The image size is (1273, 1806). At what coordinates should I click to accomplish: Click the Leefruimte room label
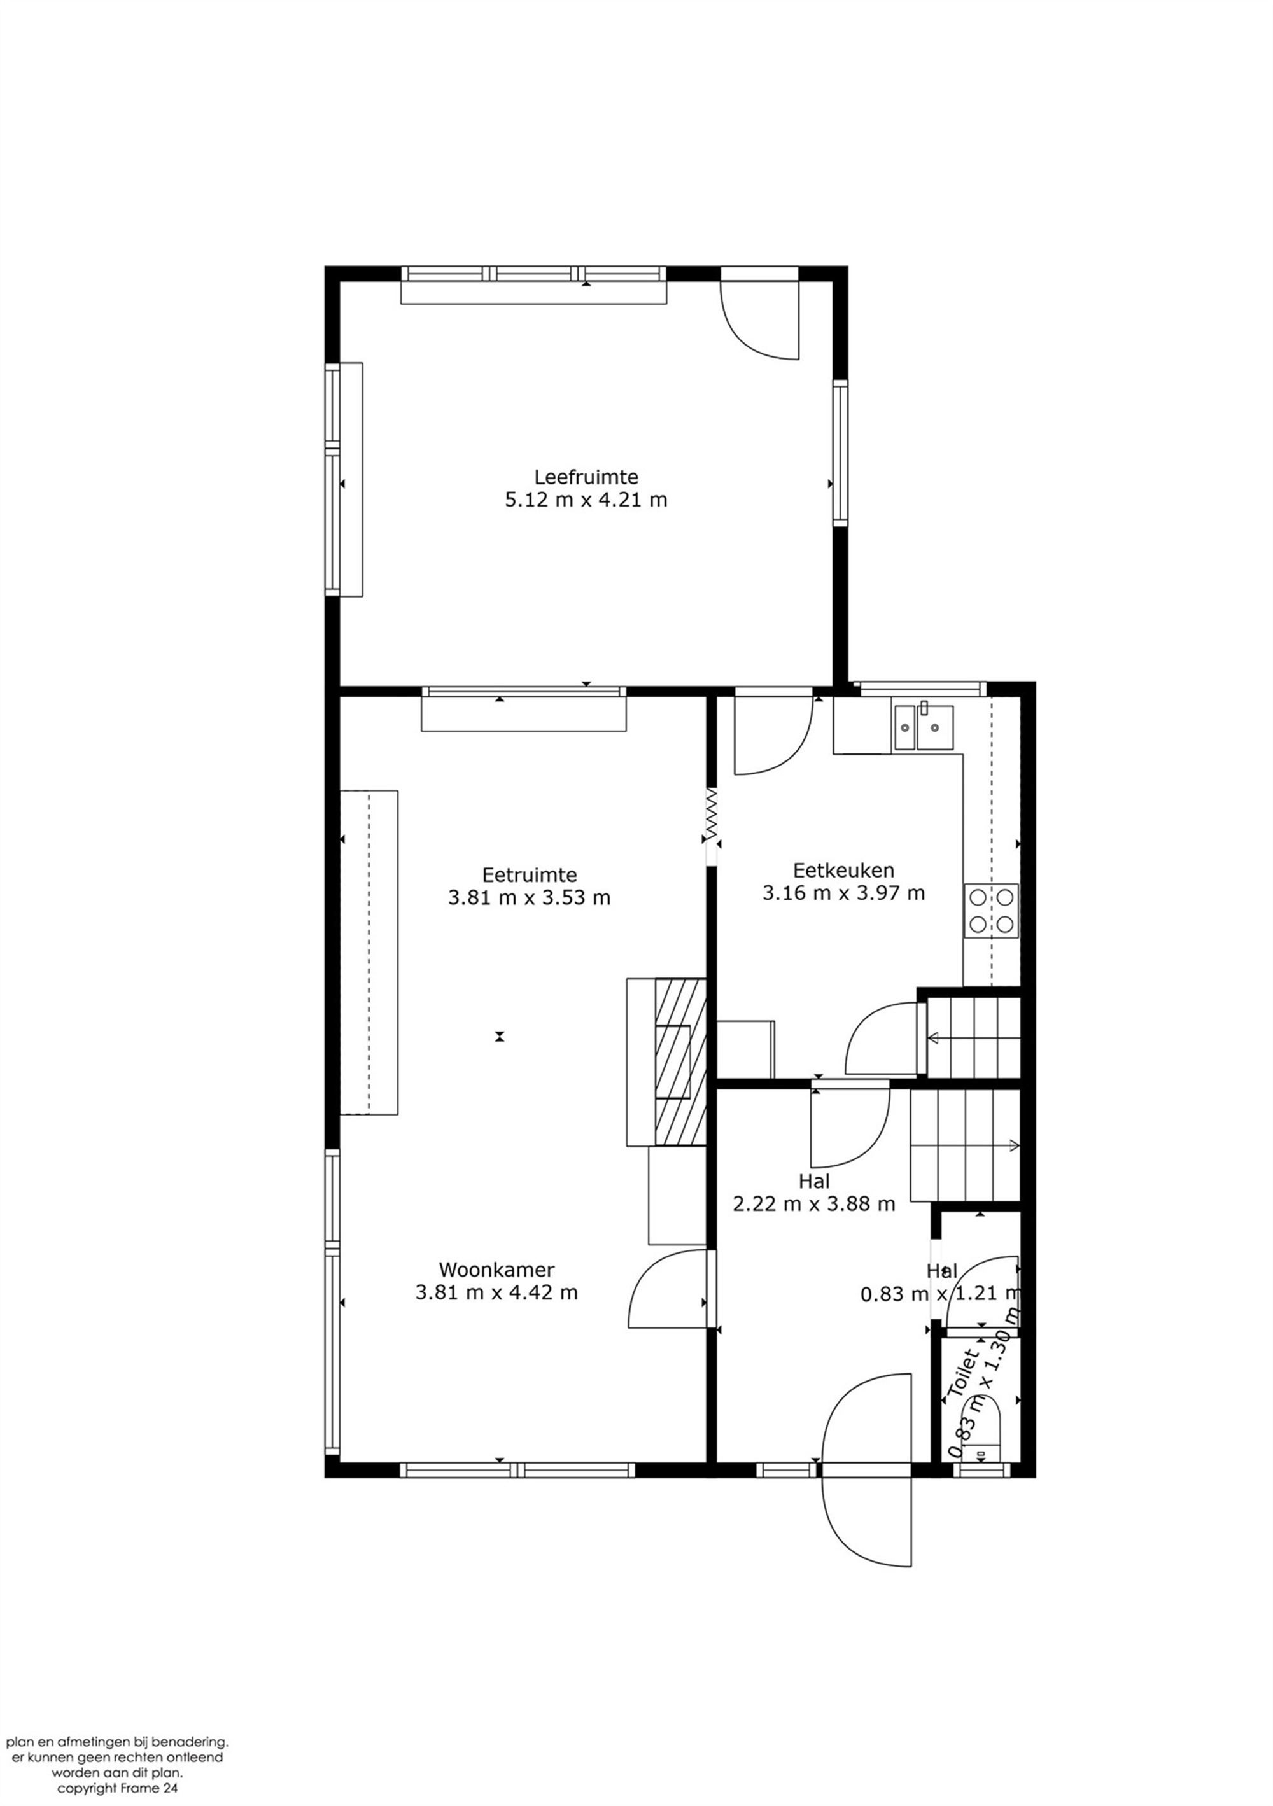pos(586,477)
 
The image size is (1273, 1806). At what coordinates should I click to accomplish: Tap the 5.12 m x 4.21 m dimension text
pos(586,500)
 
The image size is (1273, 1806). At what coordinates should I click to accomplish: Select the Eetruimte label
pos(530,875)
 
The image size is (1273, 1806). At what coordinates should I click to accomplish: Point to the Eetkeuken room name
pos(843,871)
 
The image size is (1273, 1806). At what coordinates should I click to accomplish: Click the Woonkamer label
pos(496,1270)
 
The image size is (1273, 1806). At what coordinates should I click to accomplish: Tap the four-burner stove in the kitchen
pos(991,911)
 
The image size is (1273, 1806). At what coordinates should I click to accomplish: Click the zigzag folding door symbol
pos(711,815)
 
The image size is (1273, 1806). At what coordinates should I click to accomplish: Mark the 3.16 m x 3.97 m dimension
pos(843,893)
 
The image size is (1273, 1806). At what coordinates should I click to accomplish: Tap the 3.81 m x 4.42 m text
pos(496,1292)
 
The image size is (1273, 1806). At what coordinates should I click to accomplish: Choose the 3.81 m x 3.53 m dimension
pos(530,897)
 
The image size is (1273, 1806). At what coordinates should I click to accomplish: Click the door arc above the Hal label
pos(850,1130)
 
